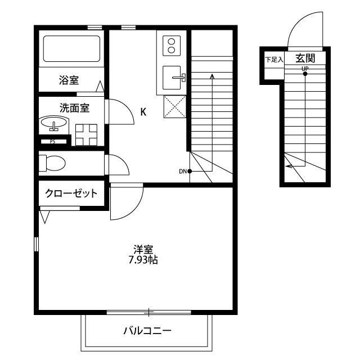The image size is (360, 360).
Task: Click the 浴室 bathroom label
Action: click(x=69, y=80)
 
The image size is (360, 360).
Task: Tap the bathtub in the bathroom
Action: click(x=71, y=48)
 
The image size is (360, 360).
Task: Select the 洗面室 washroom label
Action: click(x=74, y=108)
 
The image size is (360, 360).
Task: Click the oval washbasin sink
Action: click(x=54, y=123)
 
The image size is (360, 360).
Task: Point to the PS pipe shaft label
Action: click(x=52, y=142)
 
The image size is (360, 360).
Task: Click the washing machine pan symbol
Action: click(x=86, y=135)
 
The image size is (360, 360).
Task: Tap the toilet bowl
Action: click(x=52, y=163)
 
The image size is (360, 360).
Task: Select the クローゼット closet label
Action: click(x=71, y=193)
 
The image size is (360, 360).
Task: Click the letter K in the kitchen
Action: click(x=143, y=112)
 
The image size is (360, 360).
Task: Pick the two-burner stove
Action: click(x=172, y=46)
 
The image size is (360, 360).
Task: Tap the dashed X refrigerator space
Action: click(x=175, y=107)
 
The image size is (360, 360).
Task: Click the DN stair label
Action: click(x=183, y=171)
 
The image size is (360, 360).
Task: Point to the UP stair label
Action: click(x=305, y=69)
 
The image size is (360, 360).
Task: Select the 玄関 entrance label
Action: click(x=305, y=58)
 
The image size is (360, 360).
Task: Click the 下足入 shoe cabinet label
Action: click(x=274, y=60)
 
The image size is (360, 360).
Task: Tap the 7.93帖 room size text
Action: click(x=143, y=260)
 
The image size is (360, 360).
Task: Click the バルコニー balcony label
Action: click(x=147, y=331)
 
